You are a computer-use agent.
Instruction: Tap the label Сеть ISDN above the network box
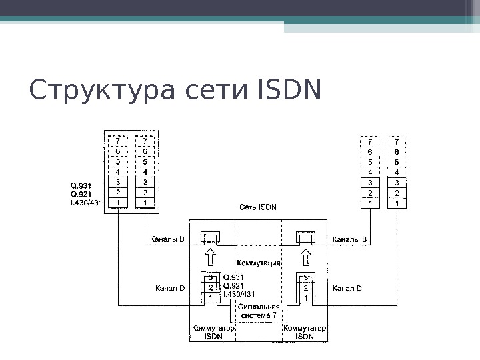click(x=258, y=206)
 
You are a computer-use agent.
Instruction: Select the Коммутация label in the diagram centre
click(x=257, y=263)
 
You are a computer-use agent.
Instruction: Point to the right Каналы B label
click(x=349, y=239)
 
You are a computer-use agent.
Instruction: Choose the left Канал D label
click(x=170, y=288)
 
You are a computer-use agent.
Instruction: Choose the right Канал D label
click(x=347, y=288)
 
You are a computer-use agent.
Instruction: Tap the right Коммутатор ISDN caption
click(x=305, y=333)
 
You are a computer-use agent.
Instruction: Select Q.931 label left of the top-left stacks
click(x=82, y=185)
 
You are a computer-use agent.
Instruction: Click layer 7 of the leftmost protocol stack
click(x=118, y=141)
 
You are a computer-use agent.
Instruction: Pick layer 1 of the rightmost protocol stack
click(x=397, y=203)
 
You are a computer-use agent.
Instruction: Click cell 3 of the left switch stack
click(x=211, y=277)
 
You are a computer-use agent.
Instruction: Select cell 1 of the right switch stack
click(x=305, y=298)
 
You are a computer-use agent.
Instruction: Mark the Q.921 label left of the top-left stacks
click(x=82, y=194)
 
